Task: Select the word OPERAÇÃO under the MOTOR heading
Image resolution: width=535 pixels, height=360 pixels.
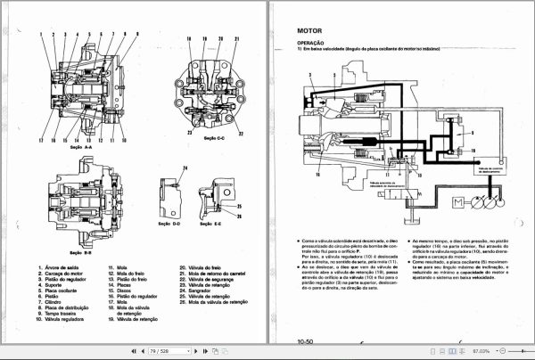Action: point(311,41)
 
